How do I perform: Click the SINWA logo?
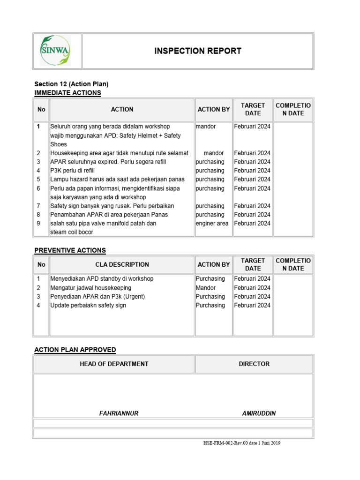click(55, 51)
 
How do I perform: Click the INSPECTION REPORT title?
click(198, 51)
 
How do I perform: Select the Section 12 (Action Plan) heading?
click(71, 84)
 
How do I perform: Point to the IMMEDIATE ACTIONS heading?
click(67, 93)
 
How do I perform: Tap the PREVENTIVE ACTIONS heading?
click(70, 250)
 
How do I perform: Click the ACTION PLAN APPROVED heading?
click(75, 350)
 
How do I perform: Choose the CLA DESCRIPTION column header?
click(122, 264)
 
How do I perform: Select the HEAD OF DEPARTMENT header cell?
click(114, 364)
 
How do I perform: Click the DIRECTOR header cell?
click(254, 364)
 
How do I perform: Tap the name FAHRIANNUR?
click(119, 413)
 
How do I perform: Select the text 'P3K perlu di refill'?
click(76, 171)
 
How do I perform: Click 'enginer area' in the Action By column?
click(212, 224)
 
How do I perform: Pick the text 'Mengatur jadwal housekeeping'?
click(91, 288)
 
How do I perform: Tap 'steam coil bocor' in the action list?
click(72, 232)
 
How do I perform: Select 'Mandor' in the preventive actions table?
click(206, 288)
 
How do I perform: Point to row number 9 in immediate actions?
click(38, 224)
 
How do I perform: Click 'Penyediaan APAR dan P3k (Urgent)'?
click(97, 297)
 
